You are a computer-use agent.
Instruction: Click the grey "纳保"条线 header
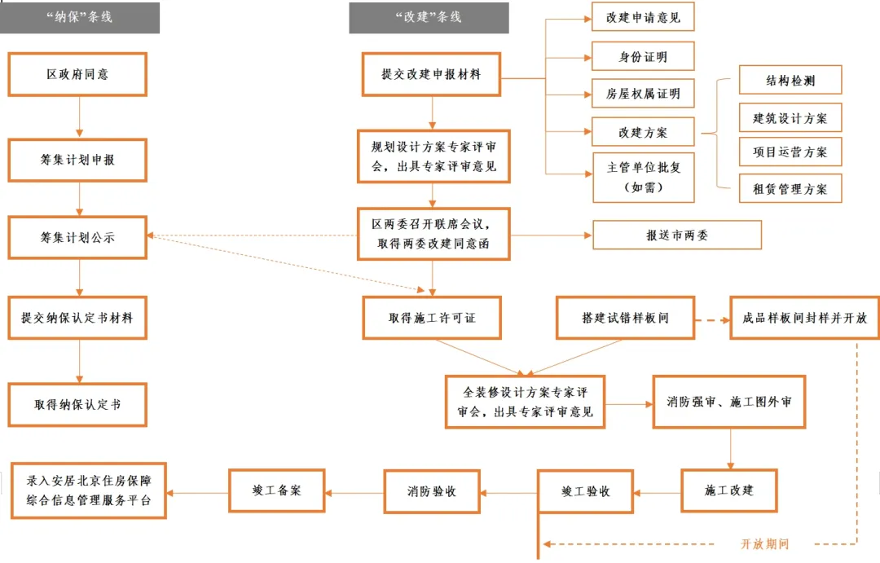[79, 17]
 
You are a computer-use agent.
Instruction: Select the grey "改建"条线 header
[429, 17]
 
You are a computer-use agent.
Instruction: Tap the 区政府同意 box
[77, 74]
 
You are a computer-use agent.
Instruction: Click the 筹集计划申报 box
[77, 160]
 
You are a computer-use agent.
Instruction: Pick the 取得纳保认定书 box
[77, 404]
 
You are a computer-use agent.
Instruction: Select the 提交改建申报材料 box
[431, 74]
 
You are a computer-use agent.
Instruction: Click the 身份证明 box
[643, 57]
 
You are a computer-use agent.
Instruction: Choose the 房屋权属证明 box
[643, 95]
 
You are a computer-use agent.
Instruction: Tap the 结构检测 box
[790, 81]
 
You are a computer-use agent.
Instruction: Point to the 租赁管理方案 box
[790, 189]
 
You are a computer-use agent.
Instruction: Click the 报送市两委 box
[677, 235]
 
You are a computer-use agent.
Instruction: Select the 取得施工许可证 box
[432, 318]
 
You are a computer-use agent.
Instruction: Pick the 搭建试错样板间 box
[625, 318]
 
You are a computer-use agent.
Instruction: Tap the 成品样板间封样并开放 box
[804, 318]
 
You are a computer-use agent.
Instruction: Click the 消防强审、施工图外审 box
[729, 402]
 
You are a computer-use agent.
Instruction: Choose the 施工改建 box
[729, 490]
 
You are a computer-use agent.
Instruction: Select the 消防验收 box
[432, 492]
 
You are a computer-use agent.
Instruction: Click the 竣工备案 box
[277, 490]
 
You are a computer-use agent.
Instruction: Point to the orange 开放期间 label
[763, 544]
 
